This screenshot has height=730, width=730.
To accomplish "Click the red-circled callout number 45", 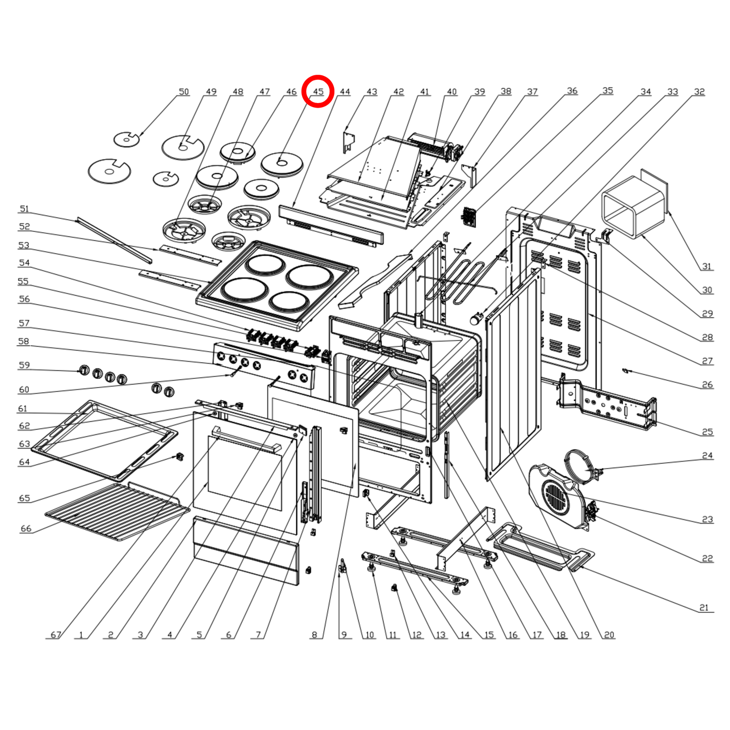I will (x=318, y=91).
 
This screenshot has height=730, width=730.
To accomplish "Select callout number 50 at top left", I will (x=184, y=91).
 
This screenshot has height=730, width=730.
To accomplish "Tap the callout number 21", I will (x=704, y=608).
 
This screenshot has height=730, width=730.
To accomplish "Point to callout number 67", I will (x=56, y=635).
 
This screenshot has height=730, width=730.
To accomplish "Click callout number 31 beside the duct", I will (x=707, y=266).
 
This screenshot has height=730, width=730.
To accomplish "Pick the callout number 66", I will (x=26, y=528).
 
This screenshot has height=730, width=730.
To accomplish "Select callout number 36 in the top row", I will (x=572, y=90).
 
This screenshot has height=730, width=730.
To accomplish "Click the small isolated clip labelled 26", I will (x=625, y=371).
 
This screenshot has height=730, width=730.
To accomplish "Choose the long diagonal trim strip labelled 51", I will (x=114, y=240).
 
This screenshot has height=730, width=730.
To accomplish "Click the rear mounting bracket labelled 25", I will (x=606, y=404).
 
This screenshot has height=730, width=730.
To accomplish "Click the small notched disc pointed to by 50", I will (x=126, y=139).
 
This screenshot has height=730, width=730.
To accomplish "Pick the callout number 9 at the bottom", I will (x=344, y=635).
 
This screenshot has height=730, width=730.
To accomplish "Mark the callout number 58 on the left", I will (x=24, y=342).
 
